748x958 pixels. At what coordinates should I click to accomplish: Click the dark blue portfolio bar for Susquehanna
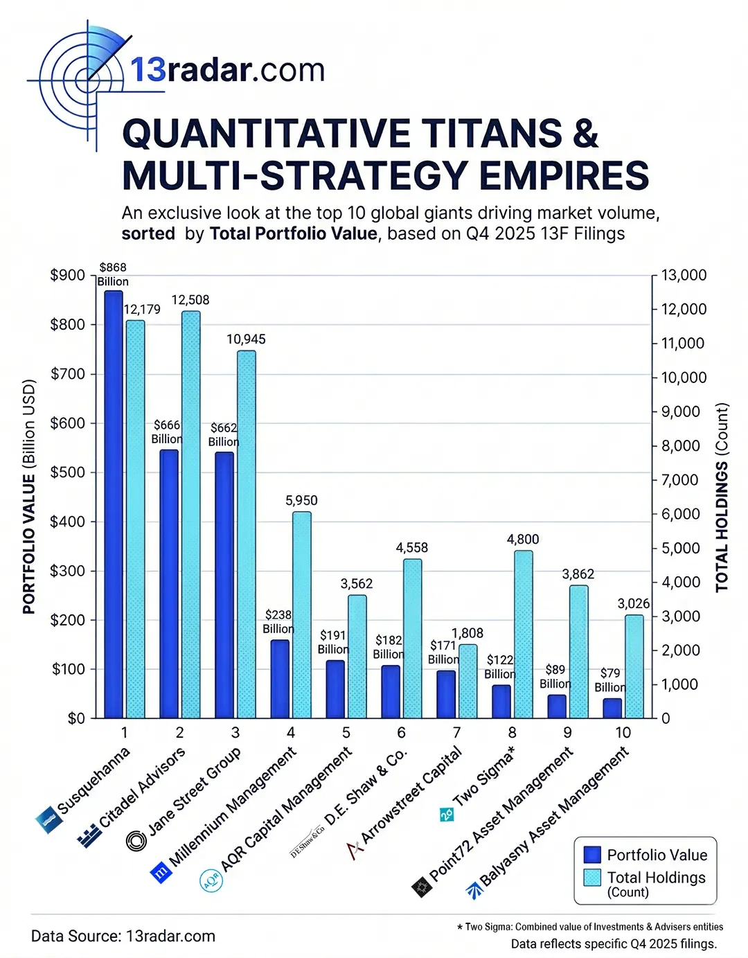[114, 504]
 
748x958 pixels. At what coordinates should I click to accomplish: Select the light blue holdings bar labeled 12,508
[191, 514]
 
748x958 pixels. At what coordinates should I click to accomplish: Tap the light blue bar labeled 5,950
[301, 614]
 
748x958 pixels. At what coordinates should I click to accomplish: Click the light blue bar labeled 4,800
[524, 634]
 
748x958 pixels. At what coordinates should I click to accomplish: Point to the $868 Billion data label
[113, 274]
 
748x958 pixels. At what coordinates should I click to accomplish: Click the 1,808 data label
[467, 633]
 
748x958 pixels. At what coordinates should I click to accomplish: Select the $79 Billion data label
[609, 680]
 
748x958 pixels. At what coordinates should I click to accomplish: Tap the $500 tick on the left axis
[67, 472]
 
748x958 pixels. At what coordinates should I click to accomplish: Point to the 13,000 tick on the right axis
[684, 275]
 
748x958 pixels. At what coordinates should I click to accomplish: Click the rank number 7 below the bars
[456, 732]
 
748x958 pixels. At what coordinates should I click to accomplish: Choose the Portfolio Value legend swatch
[592, 855]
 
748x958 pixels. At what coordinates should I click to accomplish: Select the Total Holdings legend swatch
[592, 878]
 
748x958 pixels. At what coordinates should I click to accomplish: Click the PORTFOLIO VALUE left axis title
[29, 496]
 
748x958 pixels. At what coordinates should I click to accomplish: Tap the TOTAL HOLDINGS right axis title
[722, 497]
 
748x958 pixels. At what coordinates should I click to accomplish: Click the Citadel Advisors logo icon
[89, 836]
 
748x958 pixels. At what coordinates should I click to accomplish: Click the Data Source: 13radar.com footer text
[123, 936]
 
